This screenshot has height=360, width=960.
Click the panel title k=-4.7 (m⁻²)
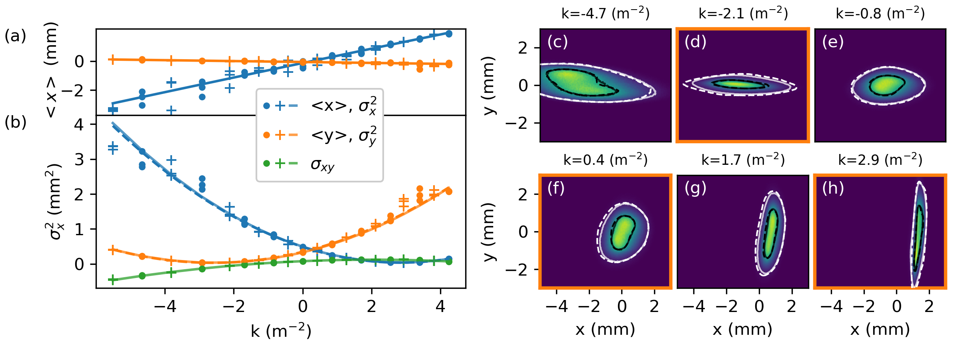[606, 14]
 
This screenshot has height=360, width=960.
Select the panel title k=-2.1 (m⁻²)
[743, 14]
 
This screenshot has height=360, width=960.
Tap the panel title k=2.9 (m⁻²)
[880, 160]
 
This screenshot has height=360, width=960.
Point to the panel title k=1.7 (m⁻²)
[743, 160]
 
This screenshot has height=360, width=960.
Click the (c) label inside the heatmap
[558, 42]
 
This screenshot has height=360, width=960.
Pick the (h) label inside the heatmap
[833, 188]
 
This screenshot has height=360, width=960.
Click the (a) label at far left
[15, 36]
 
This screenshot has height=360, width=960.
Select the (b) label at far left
[15, 122]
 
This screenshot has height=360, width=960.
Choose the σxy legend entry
[322, 164]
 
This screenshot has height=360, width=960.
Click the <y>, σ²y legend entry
[343, 135]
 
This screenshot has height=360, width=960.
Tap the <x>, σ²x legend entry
[343, 106]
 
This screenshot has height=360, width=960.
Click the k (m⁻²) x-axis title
[281, 331]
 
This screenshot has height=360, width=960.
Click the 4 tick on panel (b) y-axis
[79, 125]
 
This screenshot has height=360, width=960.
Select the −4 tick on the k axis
[165, 307]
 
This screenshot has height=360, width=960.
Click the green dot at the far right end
[449, 262]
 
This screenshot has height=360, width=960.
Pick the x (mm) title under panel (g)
[742, 330]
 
